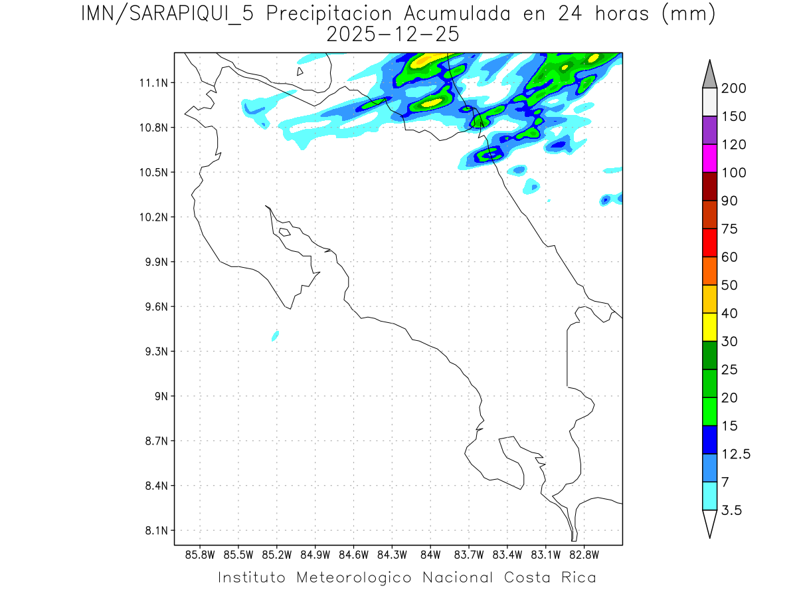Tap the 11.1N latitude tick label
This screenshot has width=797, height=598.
pyautogui.click(x=152, y=83)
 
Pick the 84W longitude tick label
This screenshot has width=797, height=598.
pyautogui.click(x=430, y=554)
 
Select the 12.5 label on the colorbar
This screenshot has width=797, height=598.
pyautogui.click(x=737, y=454)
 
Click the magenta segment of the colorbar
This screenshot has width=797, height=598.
pyautogui.click(x=709, y=158)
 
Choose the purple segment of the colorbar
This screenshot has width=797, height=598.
pyautogui.click(x=709, y=130)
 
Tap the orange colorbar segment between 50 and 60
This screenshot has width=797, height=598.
pyautogui.click(x=709, y=270)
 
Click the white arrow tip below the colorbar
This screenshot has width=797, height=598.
pyautogui.click(x=709, y=524)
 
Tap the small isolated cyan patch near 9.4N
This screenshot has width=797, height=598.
pyautogui.click(x=275, y=336)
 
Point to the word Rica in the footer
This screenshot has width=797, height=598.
pyautogui.click(x=578, y=577)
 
